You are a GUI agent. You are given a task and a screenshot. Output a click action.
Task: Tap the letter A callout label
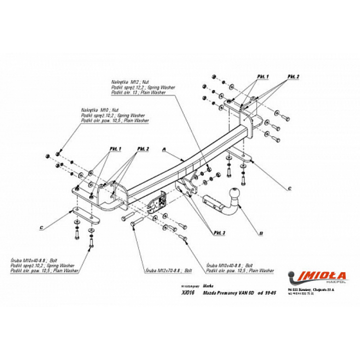pyautogui.click(x=164, y=150)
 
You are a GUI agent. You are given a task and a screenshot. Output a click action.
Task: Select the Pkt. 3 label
pyautogui.click(x=219, y=232)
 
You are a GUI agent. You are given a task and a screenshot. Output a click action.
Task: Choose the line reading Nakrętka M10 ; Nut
pyautogui.click(x=100, y=111)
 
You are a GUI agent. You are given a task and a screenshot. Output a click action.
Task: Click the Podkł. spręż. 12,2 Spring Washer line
pyautogui.click(x=142, y=87)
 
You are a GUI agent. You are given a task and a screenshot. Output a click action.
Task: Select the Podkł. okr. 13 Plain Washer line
pyautogui.click(x=139, y=92)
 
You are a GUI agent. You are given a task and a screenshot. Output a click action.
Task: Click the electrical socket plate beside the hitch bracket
pyautogui.click(x=161, y=199)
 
